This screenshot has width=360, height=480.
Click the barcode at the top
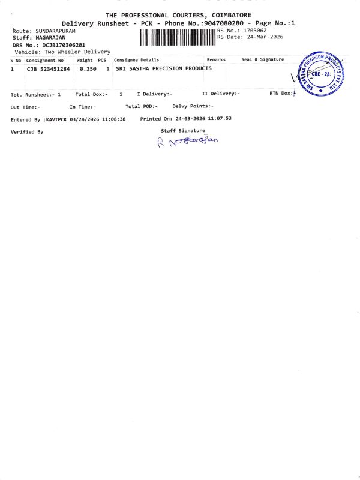[178, 37]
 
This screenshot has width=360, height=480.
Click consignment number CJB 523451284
[49, 69]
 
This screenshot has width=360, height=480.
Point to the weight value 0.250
[88, 69]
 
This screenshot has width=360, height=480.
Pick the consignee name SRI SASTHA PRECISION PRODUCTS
[163, 68]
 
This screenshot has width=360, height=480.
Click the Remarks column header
[216, 60]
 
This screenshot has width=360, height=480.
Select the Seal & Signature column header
[262, 60]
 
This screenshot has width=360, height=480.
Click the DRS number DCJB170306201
[59, 45]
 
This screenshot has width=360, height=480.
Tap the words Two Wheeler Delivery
[76, 52]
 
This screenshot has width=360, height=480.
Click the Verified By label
[27, 132]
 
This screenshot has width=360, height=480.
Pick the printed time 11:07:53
[220, 119]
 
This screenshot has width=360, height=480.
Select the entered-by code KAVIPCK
[57, 119]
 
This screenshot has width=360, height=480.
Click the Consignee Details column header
[137, 60]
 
